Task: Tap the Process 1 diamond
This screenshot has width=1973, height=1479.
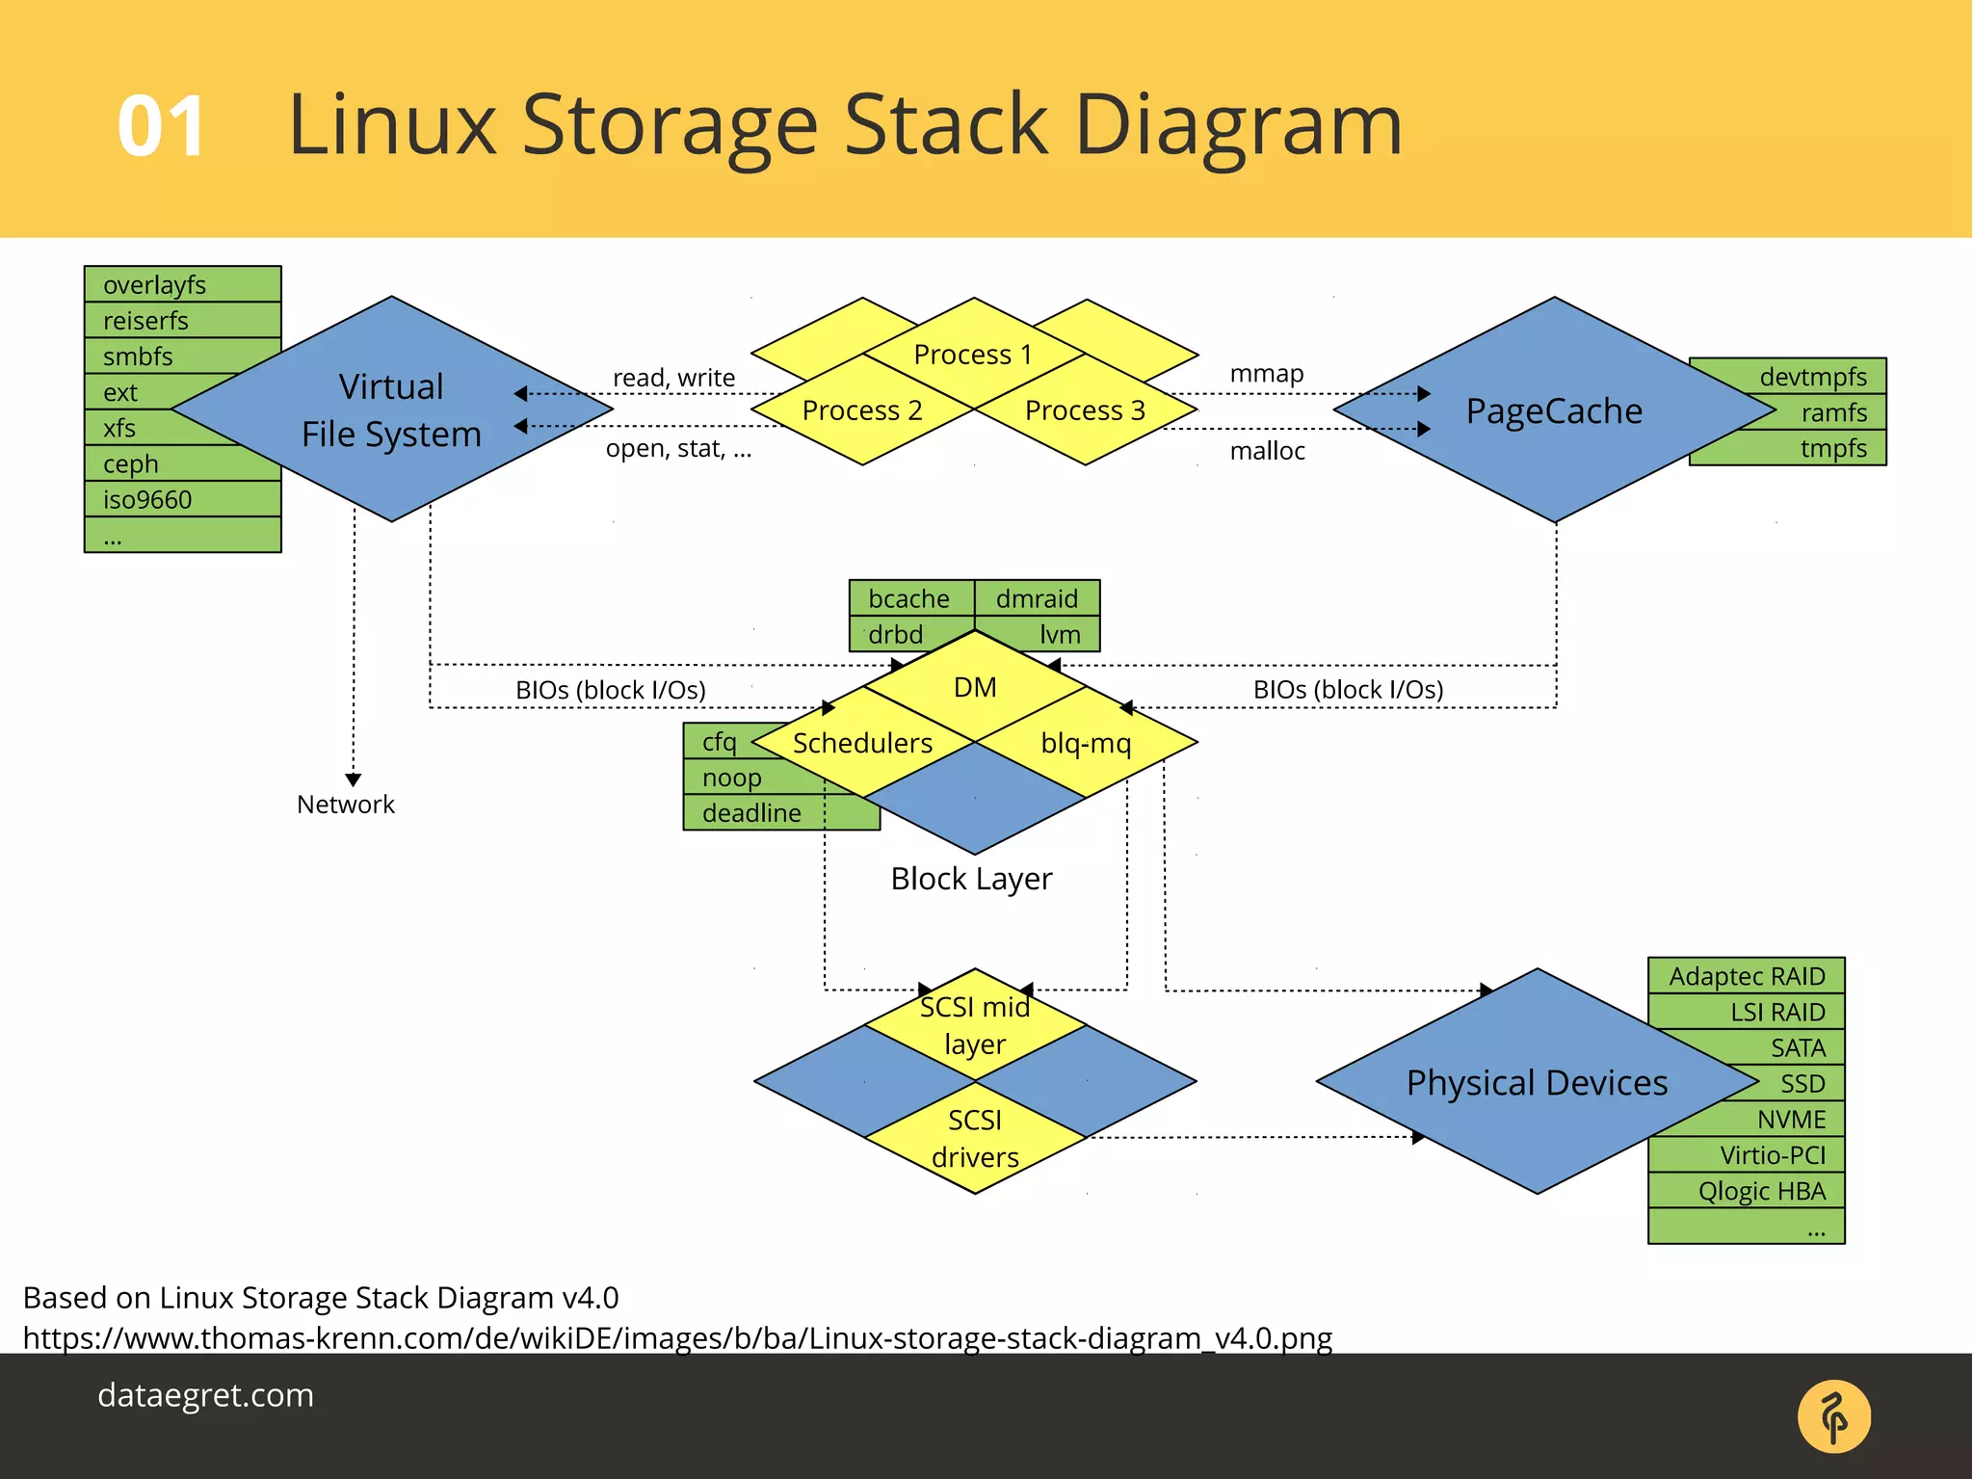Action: [973, 354]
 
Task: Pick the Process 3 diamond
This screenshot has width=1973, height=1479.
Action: [1085, 410]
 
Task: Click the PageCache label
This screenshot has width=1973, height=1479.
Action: [1554, 410]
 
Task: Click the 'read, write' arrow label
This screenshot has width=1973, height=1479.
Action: [673, 378]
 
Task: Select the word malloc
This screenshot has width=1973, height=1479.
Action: [1267, 451]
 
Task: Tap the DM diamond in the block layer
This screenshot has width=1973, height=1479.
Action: [974, 687]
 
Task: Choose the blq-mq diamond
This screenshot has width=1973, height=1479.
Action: [1086, 743]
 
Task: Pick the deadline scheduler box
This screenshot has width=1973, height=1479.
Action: [752, 813]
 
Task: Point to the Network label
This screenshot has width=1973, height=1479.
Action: [346, 805]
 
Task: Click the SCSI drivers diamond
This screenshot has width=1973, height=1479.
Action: [975, 1138]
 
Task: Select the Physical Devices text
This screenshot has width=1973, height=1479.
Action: [1537, 1083]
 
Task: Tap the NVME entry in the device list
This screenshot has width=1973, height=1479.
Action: [1790, 1120]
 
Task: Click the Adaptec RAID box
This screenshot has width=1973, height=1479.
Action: [1746, 976]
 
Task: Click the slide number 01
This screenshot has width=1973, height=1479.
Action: [161, 126]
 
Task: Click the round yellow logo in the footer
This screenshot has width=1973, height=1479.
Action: [1833, 1416]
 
